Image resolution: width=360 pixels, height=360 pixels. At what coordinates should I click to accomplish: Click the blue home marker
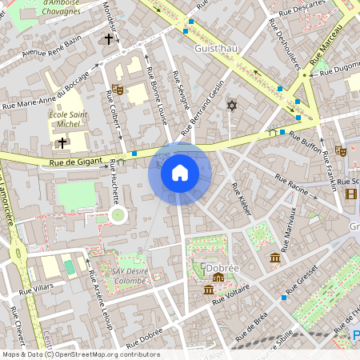tap(180, 173)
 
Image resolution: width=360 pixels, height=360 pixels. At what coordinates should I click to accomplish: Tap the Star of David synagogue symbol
tap(233, 106)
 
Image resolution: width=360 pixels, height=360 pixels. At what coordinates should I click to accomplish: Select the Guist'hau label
tap(216, 48)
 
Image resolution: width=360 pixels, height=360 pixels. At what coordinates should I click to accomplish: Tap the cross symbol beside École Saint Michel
tap(62, 142)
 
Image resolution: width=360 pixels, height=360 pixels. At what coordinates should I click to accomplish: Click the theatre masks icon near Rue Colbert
tap(118, 90)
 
